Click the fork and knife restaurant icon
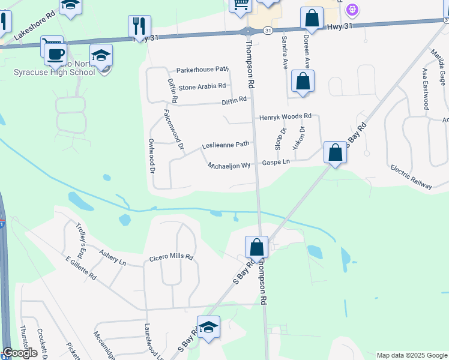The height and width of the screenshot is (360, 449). click(139, 25)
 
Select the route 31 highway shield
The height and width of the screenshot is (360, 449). click(267, 29)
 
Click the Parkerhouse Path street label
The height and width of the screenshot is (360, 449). click(203, 70)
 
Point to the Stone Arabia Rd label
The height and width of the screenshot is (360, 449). click(202, 86)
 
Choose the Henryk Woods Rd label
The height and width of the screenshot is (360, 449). click(285, 116)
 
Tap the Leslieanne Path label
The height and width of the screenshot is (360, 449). click(225, 145)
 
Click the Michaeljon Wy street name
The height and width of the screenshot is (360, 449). click(229, 164)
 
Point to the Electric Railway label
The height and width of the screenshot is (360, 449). click(411, 177)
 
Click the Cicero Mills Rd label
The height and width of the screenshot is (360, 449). click(171, 257)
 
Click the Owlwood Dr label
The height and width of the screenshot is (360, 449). click(152, 155)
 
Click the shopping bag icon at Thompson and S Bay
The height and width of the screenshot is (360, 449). click(256, 247)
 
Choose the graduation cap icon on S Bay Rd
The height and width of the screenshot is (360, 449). click(208, 327)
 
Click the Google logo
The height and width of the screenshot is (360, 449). click(20, 353)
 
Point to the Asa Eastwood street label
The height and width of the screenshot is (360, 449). click(425, 88)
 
